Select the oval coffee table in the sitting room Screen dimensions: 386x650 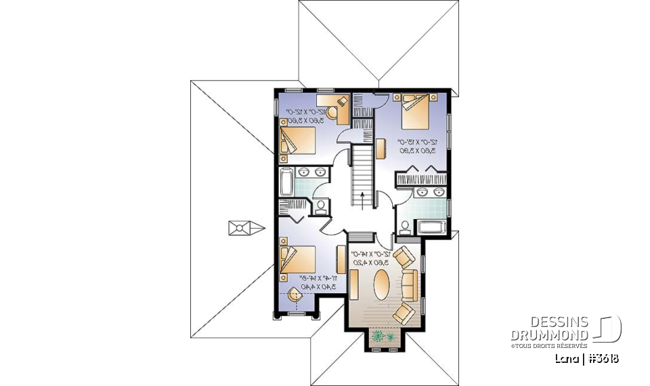[382, 283]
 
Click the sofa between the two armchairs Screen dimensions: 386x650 [410, 284]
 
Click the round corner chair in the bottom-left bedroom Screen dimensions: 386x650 [295, 296]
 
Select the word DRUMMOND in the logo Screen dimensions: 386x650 [549, 334]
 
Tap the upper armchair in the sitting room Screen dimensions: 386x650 [404, 257]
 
